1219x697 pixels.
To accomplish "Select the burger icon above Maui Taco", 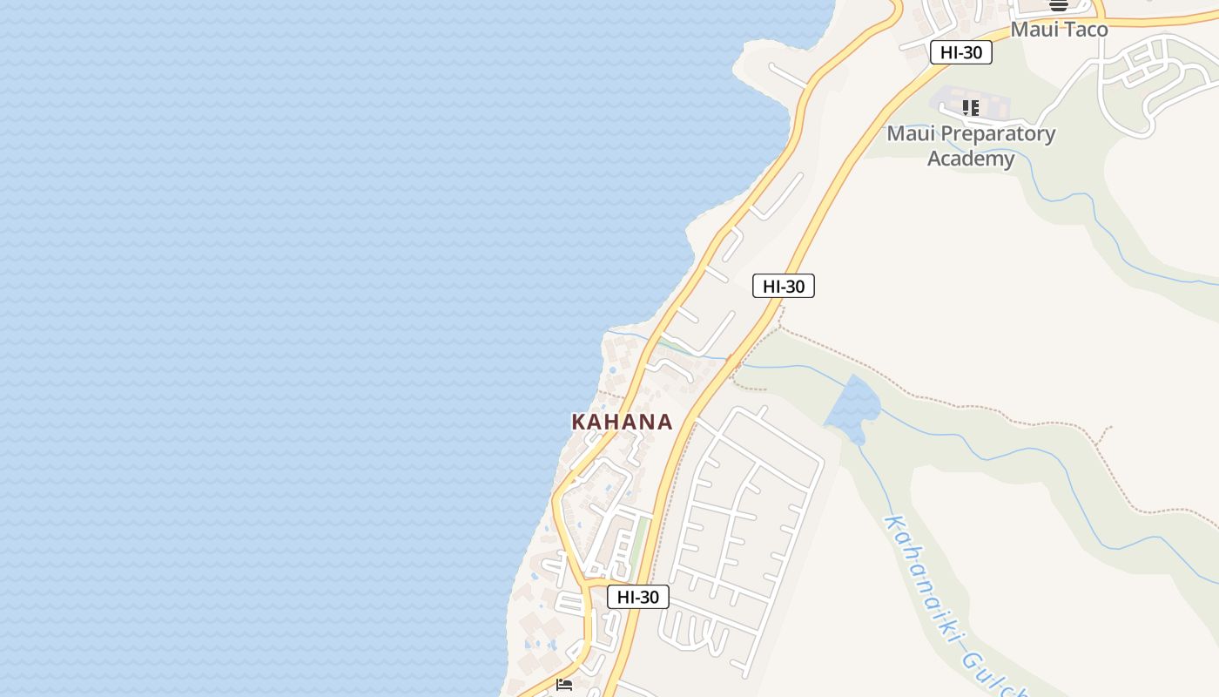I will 1059,5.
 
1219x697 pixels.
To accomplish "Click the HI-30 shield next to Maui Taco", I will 961,52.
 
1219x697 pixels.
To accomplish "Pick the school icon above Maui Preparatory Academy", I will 971,108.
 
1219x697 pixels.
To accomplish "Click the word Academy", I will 971,159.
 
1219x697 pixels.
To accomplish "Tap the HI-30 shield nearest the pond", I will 784,286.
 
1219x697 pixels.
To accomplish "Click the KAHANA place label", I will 622,423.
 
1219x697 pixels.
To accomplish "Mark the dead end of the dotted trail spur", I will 1110,427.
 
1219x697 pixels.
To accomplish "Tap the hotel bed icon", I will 564,685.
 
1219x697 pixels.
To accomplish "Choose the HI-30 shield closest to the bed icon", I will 638,597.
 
